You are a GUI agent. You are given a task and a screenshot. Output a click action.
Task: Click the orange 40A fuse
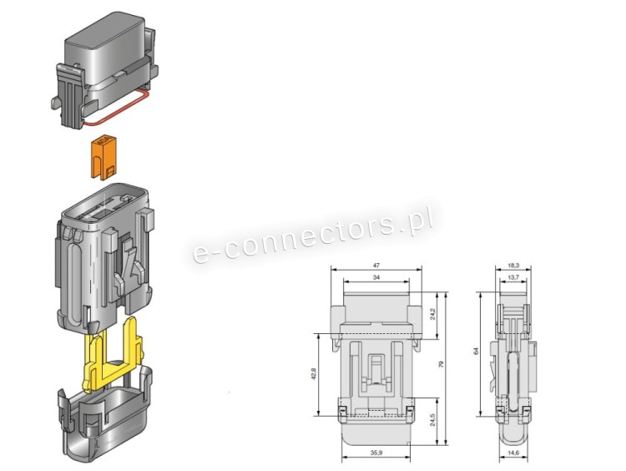coord(103,157)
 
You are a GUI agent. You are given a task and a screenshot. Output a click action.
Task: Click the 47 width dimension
coord(376,265)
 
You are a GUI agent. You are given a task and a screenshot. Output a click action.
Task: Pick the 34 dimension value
coord(376,277)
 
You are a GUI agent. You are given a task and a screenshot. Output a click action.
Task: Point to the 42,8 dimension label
coord(313,374)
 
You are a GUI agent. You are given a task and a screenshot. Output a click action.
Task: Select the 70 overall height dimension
coord(442,364)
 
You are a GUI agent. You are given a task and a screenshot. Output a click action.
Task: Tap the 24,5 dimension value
coord(432,420)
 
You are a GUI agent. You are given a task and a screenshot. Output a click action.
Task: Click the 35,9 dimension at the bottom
coord(376,453)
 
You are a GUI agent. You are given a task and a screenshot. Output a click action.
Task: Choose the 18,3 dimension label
coord(513,265)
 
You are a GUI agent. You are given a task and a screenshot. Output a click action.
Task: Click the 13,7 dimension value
coord(513,277)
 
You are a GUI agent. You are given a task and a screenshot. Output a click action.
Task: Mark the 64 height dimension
coord(476,352)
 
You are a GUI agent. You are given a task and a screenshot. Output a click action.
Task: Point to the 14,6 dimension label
coord(513,453)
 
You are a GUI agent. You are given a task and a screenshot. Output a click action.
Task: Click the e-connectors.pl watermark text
coord(313,233)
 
